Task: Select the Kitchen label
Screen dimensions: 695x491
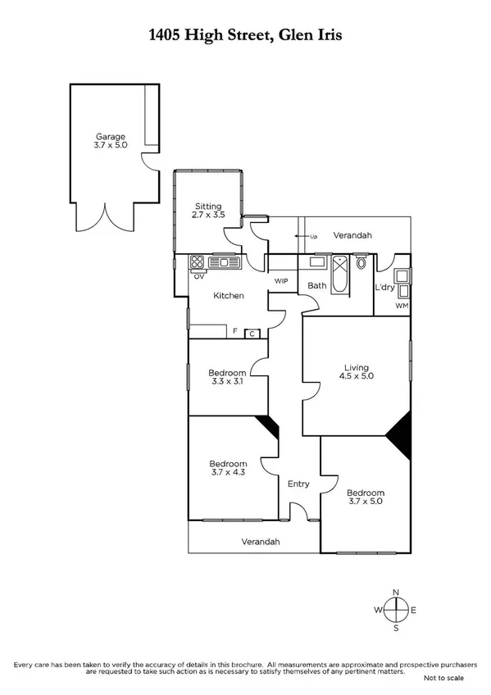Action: [229, 295]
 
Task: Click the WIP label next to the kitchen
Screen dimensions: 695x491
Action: [281, 281]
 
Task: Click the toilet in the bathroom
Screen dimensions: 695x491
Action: [361, 265]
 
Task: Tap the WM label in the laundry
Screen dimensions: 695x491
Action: [401, 306]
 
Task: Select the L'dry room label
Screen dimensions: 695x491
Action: [385, 288]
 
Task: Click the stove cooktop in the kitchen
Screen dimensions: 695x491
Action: [197, 263]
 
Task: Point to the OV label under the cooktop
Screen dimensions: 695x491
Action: [198, 276]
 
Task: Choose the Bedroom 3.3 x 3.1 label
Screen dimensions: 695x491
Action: [227, 378]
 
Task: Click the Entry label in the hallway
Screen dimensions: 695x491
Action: [298, 484]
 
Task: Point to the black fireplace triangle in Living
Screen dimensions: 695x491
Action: [400, 430]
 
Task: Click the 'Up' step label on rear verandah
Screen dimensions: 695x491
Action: [312, 237]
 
